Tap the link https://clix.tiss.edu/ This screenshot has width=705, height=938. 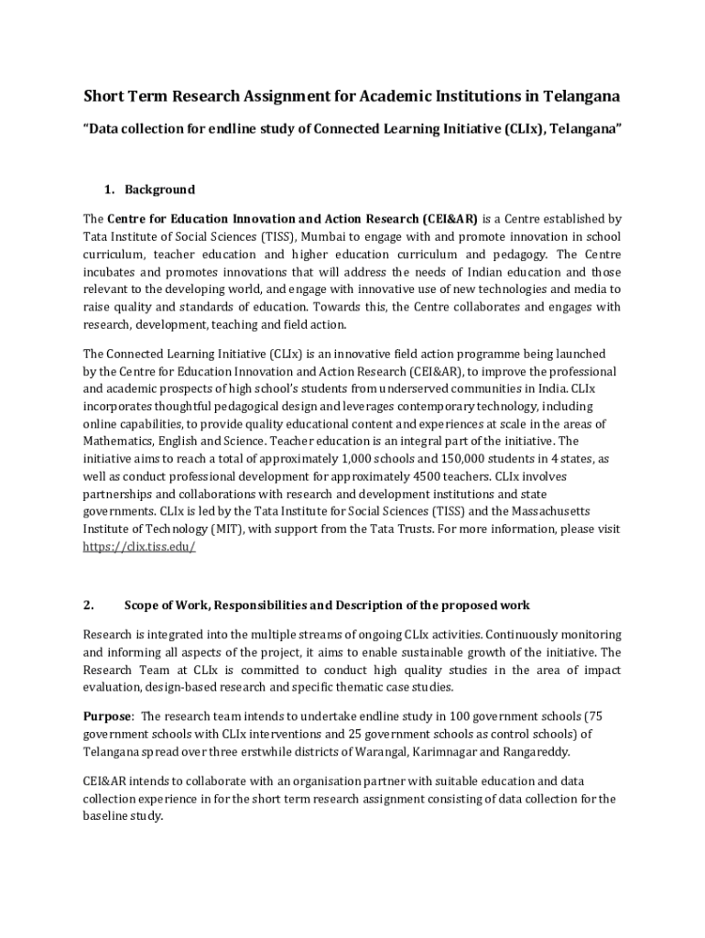pos(139,547)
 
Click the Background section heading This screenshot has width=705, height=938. pos(159,190)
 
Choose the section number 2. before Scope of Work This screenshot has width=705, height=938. pos(88,605)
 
